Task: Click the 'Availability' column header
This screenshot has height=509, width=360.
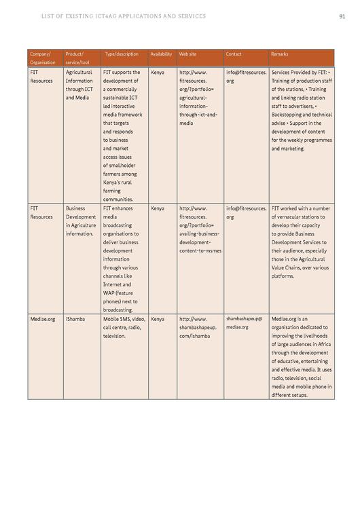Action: (161, 54)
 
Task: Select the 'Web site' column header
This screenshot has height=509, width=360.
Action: (188, 54)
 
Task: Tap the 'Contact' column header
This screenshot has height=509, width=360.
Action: (234, 54)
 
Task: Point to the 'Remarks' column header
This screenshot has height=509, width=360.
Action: (279, 54)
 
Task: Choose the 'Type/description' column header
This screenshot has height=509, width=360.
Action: (122, 54)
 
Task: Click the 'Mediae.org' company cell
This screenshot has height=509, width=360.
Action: (43, 318)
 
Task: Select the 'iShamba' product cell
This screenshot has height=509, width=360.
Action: (75, 318)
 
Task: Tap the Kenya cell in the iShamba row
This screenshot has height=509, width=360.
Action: (158, 318)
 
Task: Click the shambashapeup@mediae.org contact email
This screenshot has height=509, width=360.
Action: (244, 322)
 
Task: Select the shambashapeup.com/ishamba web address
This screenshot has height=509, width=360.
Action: (198, 326)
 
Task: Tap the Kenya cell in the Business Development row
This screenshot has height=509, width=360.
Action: (158, 209)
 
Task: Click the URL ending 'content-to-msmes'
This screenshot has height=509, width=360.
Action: (200, 250)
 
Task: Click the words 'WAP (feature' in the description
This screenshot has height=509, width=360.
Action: (120, 293)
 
